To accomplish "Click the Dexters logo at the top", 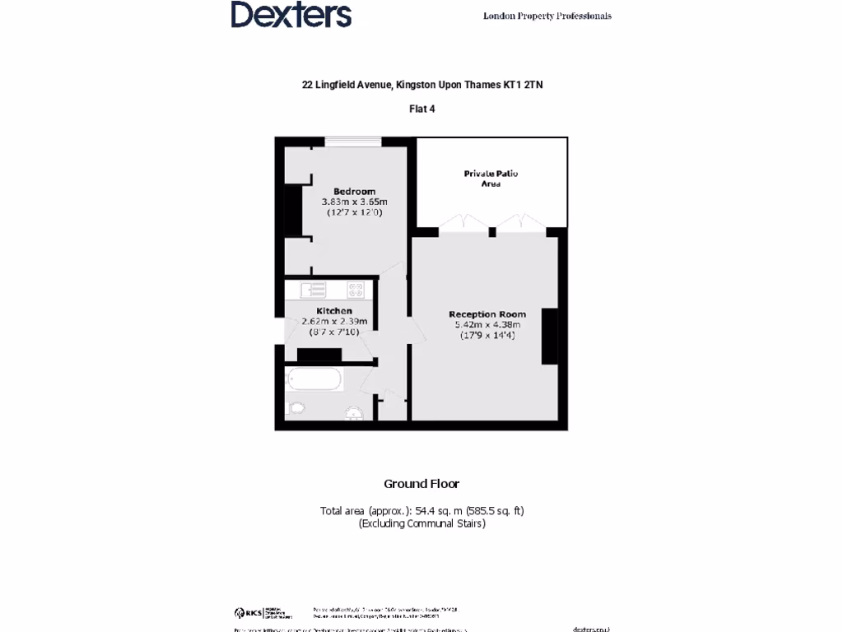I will click(291, 15).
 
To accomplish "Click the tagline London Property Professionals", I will click(547, 16).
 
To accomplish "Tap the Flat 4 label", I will click(421, 108).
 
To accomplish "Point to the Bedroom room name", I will click(354, 191).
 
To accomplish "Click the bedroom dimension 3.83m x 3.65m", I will click(354, 202).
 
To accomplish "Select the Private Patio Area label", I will click(491, 179).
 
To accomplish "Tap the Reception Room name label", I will click(487, 314).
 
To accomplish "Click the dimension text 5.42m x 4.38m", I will click(487, 325).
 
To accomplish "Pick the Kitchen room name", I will click(334, 310).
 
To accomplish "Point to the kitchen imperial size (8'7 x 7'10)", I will click(334, 332).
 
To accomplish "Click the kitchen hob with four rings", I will click(356, 290).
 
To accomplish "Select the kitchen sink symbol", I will click(314, 290).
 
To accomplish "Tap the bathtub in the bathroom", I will click(314, 379).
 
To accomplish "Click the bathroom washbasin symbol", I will click(354, 413).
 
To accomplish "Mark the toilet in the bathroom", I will click(296, 407).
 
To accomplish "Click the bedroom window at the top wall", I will click(352, 142).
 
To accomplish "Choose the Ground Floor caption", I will click(421, 484).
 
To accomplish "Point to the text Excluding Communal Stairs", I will click(421, 523).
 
